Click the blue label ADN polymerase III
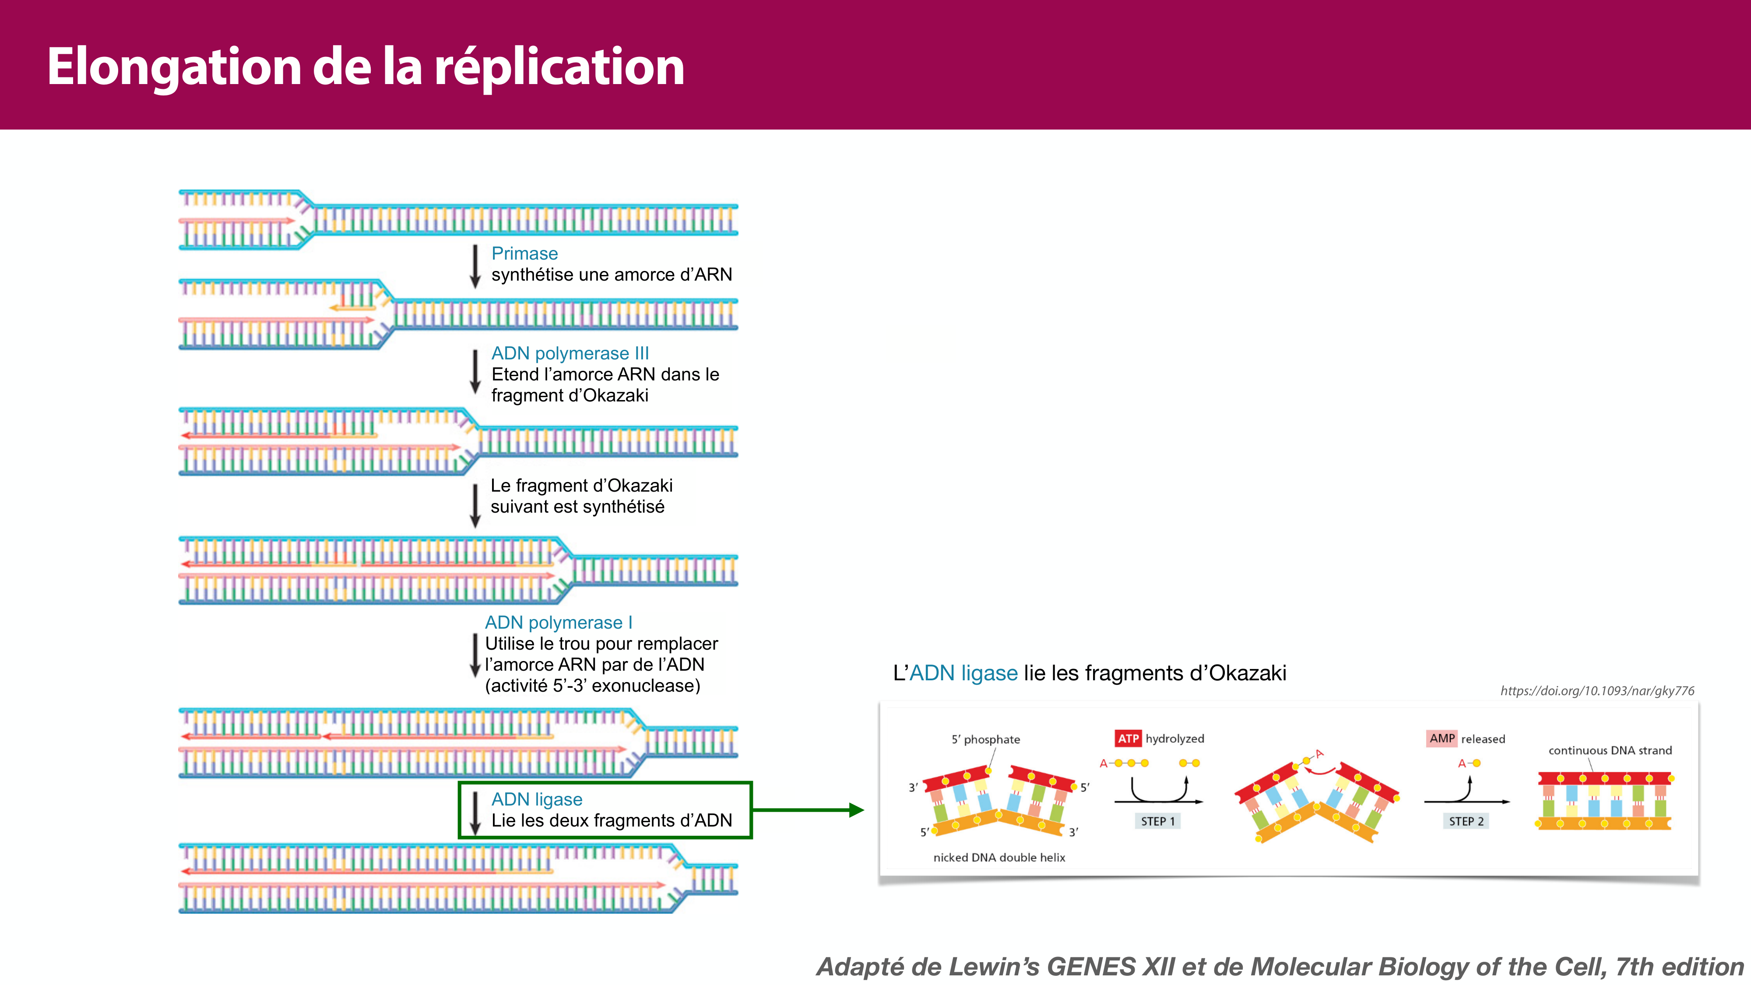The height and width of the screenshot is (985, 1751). click(570, 353)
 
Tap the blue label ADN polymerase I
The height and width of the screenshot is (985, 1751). click(558, 623)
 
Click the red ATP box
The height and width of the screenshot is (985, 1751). click(1128, 738)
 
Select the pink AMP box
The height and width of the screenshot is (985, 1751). click(1442, 738)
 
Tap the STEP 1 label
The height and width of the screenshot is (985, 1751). click(1157, 821)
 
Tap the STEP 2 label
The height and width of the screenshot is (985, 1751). click(1466, 821)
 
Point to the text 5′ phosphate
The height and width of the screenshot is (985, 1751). click(986, 739)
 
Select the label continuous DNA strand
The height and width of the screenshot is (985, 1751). click(1610, 750)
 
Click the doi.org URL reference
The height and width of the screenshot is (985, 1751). click(1597, 691)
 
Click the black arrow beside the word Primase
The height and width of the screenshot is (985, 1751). click(475, 267)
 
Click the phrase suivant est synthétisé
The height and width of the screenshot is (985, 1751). click(577, 507)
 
